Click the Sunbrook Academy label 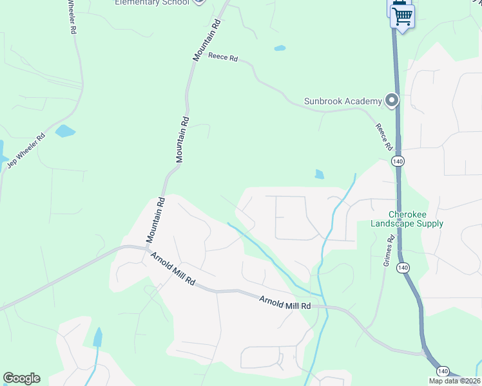[x=343, y=101]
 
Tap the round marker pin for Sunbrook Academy [x=390, y=100]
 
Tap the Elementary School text [x=152, y=2]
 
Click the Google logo [x=21, y=378]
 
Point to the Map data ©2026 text [x=455, y=381]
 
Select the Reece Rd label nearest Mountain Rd [x=224, y=57]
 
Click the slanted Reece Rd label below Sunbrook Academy [x=384, y=137]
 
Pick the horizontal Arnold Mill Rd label [x=285, y=302]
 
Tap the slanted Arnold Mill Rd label [x=173, y=269]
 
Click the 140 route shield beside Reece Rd [x=398, y=161]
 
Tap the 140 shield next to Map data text [x=443, y=371]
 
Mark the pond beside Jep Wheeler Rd [x=65, y=131]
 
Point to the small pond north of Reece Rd [x=280, y=48]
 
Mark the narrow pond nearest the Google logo [x=97, y=337]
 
